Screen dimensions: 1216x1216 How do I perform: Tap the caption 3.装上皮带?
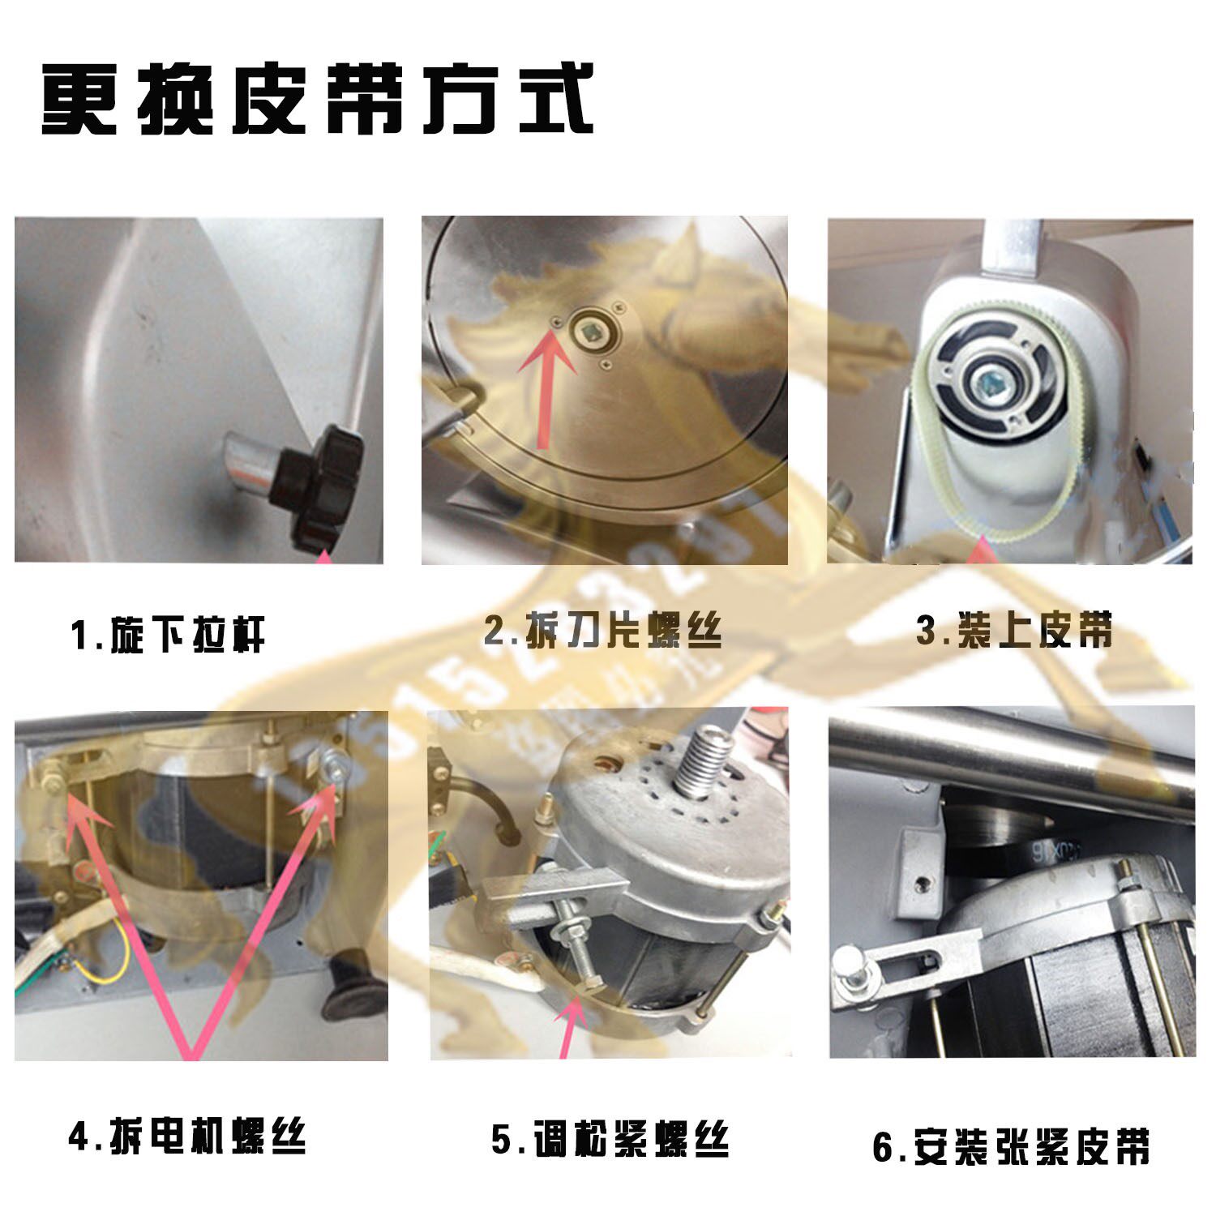(1014, 630)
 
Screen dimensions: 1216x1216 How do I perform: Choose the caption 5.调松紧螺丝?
(610, 1139)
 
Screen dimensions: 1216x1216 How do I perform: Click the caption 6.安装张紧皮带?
(1010, 1146)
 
